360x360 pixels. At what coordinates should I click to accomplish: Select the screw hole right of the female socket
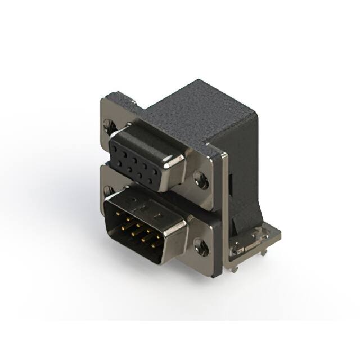(201, 180)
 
